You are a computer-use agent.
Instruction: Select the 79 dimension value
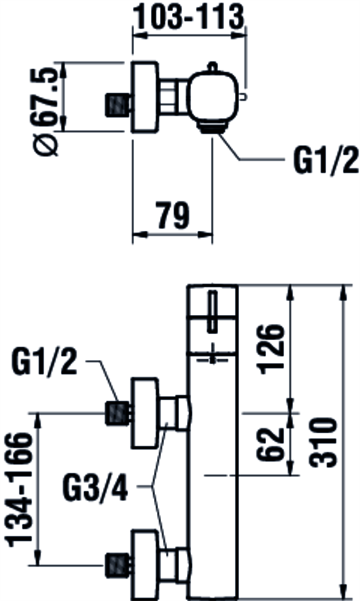172,215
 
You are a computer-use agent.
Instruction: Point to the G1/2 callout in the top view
326,160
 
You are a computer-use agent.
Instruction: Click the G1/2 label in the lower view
44,362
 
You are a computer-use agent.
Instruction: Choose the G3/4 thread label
96,488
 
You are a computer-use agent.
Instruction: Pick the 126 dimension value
272,349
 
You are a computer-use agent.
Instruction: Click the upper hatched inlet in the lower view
117,413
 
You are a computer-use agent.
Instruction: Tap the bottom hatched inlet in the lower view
117,566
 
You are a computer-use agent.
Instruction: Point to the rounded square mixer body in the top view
213,96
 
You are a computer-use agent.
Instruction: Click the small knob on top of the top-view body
213,67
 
